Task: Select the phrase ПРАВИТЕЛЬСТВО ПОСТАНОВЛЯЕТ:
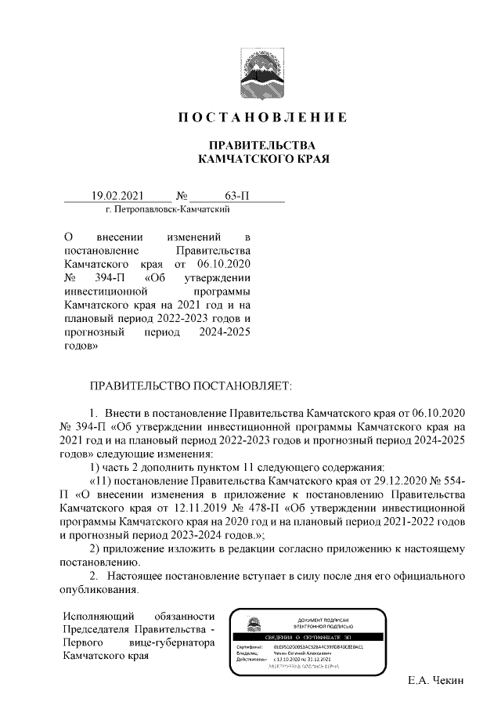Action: pos(191,386)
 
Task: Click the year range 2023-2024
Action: pos(196,535)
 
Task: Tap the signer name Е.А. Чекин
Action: pos(436,680)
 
